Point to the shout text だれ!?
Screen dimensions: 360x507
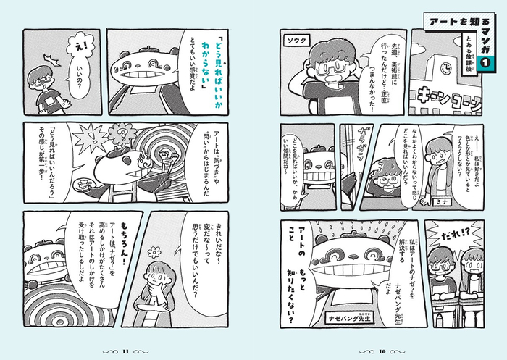point(443,236)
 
